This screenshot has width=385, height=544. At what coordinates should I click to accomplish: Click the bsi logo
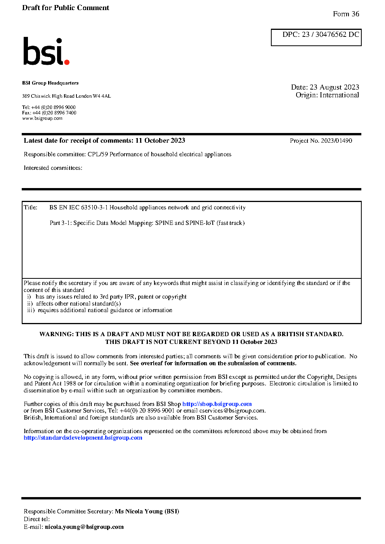[46, 51]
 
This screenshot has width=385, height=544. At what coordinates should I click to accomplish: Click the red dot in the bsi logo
[67, 62]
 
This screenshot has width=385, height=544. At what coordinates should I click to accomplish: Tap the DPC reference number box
[316, 37]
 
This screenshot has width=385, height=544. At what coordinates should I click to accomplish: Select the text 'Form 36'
[346, 14]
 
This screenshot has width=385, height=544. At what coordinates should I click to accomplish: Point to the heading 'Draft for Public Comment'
[66, 8]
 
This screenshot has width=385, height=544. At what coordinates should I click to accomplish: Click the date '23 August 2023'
[334, 87]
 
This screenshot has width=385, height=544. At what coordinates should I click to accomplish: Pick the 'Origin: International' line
[327, 95]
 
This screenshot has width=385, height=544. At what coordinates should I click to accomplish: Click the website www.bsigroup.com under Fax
[42, 118]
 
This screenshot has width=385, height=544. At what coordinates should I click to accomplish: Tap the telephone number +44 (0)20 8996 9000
[54, 107]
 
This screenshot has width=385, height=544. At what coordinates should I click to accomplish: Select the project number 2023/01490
[336, 141]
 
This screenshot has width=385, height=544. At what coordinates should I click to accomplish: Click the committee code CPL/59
[98, 154]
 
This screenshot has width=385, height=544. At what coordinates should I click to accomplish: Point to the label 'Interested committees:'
[53, 168]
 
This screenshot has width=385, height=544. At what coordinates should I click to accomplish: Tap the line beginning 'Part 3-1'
[147, 223]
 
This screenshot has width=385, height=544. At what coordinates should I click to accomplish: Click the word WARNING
[56, 334]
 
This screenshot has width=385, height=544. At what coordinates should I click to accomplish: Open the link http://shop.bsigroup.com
[217, 404]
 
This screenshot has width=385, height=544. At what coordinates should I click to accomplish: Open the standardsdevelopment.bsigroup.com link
[83, 438]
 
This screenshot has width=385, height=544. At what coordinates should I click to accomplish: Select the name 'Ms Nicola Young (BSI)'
[147, 511]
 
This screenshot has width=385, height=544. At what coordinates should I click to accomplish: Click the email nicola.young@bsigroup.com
[84, 527]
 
